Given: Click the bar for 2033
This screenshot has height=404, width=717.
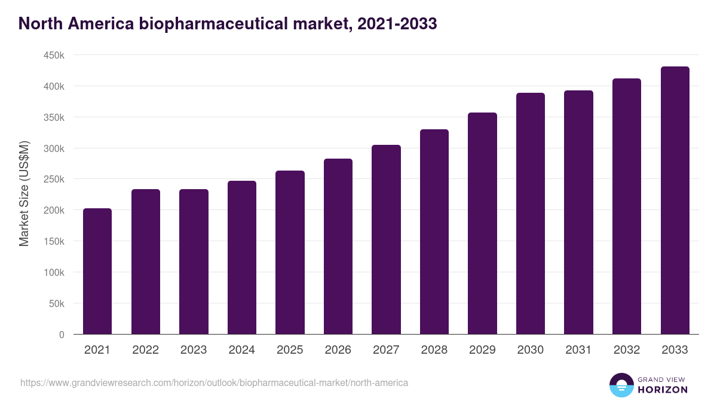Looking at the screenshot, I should point(675,201).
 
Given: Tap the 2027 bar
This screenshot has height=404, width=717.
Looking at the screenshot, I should point(386,239).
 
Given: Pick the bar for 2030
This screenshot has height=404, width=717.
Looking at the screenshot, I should point(531,214).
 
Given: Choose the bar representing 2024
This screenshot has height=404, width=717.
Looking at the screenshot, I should point(242,257).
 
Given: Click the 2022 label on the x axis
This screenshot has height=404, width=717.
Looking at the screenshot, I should point(145,350).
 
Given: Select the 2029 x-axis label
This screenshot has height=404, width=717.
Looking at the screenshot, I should point(482,350).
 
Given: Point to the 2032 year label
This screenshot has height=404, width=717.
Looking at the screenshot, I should point(627,350).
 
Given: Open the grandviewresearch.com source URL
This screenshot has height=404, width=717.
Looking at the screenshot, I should point(214,382).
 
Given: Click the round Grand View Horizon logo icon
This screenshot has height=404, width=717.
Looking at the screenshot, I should point(621,385).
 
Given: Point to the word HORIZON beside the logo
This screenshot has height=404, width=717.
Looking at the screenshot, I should point(663,390).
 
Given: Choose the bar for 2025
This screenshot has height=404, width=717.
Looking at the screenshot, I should point(290,253).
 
